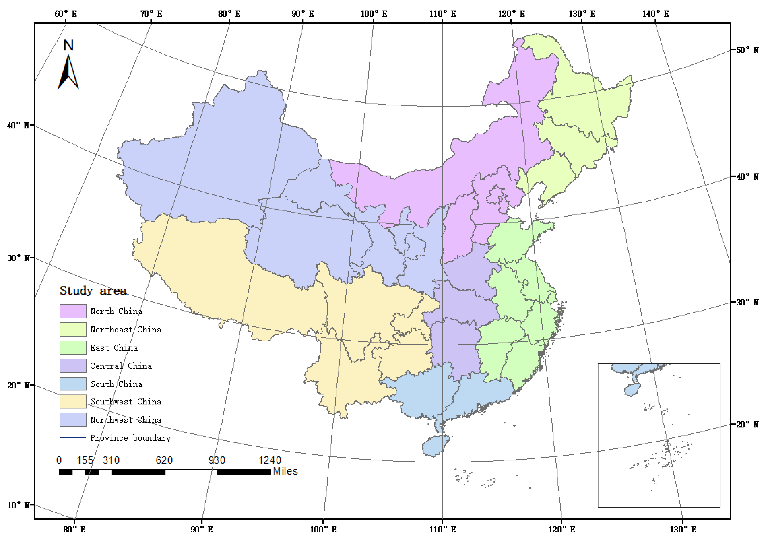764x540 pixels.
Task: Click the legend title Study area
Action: click(93, 291)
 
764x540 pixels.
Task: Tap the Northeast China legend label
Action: click(126, 330)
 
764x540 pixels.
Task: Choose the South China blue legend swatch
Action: click(73, 384)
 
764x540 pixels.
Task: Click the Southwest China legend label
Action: click(126, 402)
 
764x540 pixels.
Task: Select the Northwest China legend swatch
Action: click(73, 420)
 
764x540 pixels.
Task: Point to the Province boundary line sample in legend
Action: click(73, 438)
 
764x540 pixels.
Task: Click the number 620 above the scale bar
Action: click(164, 460)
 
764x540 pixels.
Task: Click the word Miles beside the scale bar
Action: click(285, 471)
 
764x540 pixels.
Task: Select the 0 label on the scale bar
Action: click(59, 460)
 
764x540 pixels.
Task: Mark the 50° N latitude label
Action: click(747, 50)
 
